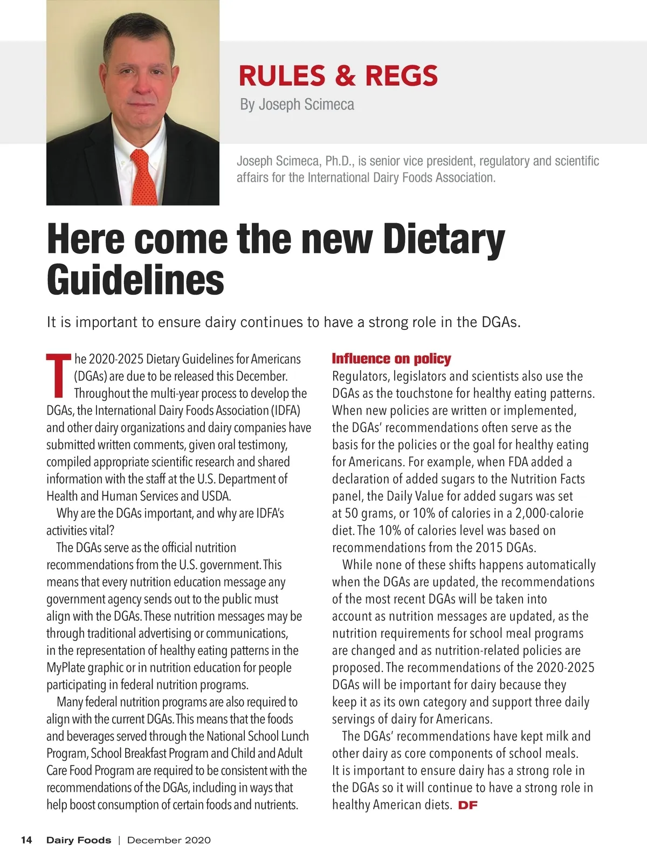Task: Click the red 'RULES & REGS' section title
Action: point(338,75)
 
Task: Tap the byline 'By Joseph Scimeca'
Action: point(297,104)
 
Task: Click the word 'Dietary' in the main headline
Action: point(444,239)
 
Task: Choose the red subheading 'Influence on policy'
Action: point(391,359)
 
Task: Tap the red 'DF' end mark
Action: point(467,806)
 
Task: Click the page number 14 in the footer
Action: point(26,840)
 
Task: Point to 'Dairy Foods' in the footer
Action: point(79,840)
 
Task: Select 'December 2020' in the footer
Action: point(169,840)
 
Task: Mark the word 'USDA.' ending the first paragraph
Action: point(216,496)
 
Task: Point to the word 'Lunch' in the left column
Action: point(295,736)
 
